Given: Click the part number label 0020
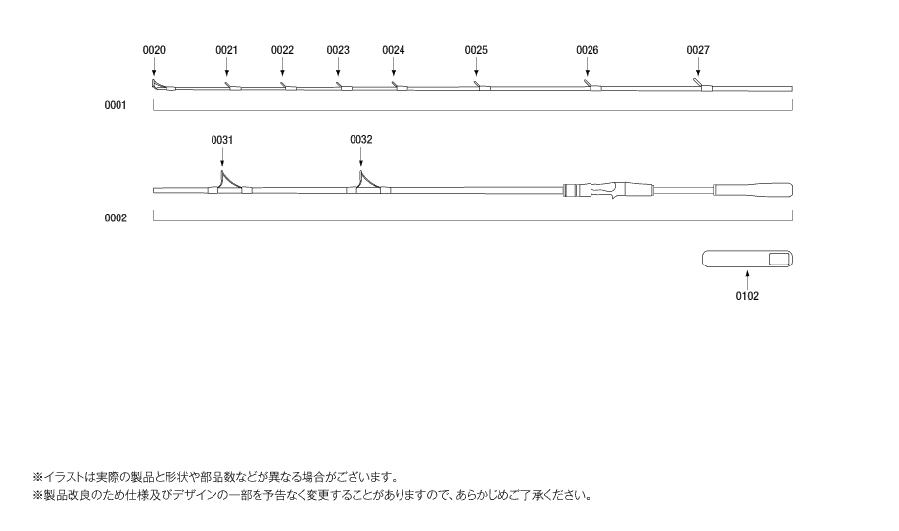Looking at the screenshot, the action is [154, 50].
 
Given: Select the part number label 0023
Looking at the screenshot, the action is [338, 50].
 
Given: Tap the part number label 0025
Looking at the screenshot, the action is [476, 50].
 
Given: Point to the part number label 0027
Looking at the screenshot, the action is [698, 50].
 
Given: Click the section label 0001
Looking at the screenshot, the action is [116, 105].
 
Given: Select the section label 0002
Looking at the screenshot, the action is [116, 217].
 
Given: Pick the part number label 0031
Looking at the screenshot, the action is [222, 140].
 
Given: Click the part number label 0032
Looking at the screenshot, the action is [360, 139].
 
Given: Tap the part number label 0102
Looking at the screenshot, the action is [747, 296].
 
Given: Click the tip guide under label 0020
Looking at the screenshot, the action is [159, 86].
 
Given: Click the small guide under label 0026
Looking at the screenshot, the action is [593, 86].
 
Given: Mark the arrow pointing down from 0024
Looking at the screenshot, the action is [394, 67].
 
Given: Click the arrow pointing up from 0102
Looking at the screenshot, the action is [747, 280].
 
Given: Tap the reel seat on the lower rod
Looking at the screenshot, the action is [608, 190].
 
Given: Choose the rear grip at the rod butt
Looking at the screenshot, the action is [753, 190].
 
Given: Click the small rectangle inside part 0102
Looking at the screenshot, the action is [780, 260].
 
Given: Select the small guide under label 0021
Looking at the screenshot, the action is [233, 86].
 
